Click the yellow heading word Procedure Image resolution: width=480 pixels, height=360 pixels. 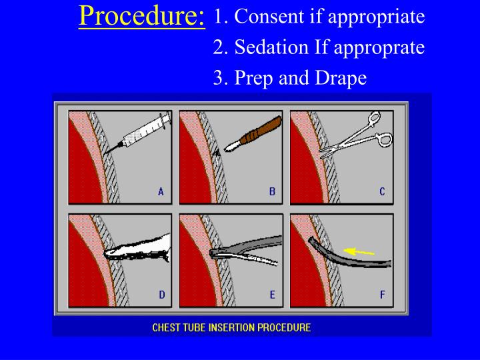pos(141,15)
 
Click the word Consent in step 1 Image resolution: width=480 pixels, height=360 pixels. pos(268,16)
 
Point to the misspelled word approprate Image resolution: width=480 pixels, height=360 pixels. pos(379,48)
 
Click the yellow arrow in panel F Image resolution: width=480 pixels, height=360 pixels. pos(360,252)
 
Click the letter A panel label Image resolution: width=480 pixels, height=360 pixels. pos(161,191)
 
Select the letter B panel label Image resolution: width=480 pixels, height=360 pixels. pos(272,191)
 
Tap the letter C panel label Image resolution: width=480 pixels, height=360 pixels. pos(382,191)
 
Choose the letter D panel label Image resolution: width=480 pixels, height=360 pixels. pos(161,295)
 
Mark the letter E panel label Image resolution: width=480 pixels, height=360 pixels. pos(272,295)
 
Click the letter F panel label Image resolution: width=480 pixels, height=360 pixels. pos(382,295)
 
